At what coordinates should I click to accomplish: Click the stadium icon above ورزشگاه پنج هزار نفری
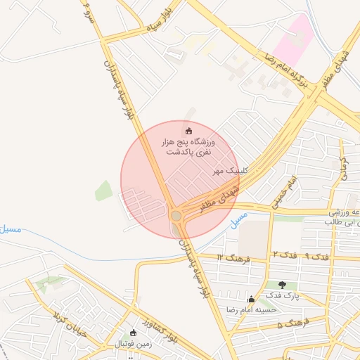[188, 131]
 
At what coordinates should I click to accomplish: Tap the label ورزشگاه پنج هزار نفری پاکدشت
[188, 147]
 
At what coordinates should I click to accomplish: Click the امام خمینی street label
[286, 187]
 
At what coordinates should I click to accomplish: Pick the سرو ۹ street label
[86, 12]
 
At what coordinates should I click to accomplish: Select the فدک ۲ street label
[281, 253]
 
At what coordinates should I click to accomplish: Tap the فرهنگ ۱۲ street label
[230, 257]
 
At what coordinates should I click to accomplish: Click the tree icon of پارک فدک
[283, 285]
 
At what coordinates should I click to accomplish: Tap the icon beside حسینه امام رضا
[252, 299]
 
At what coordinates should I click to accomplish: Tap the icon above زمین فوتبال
[134, 333]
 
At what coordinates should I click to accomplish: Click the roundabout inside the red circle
[176, 215]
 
